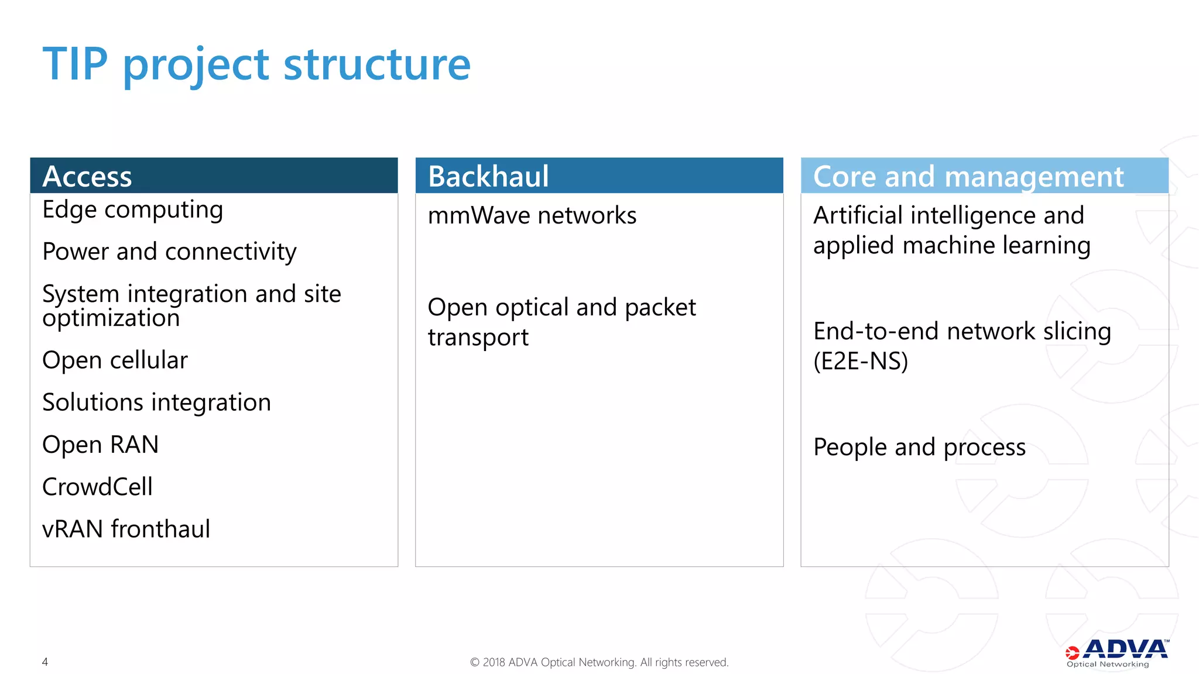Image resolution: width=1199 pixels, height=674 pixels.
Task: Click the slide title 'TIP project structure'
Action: click(x=256, y=64)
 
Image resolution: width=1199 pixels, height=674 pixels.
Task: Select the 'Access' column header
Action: click(x=88, y=176)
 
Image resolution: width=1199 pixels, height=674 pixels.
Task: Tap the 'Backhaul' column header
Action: click(x=488, y=176)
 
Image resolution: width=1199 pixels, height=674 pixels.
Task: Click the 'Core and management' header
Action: click(x=968, y=176)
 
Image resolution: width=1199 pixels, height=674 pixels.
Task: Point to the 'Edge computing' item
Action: click(x=133, y=210)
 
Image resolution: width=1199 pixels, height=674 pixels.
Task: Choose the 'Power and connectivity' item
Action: click(x=169, y=252)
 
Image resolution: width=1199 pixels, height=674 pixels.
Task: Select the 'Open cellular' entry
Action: click(x=115, y=360)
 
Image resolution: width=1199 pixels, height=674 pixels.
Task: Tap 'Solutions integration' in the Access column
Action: click(x=156, y=403)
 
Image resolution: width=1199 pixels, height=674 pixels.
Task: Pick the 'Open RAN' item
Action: click(x=101, y=445)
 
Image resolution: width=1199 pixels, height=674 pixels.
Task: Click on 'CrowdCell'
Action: click(x=98, y=487)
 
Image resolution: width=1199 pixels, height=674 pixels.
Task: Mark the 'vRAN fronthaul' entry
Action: click(x=126, y=529)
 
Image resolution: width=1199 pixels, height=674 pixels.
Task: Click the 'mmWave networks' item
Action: click(x=532, y=216)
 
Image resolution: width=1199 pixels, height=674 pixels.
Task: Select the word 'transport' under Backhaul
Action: click(x=478, y=338)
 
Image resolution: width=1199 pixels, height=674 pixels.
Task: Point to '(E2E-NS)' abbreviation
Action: click(x=860, y=362)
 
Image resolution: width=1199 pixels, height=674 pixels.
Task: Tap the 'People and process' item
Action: click(x=919, y=448)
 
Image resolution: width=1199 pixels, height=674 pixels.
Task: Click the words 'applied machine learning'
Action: click(x=951, y=246)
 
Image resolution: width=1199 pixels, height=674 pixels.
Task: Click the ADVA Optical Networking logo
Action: click(x=1116, y=653)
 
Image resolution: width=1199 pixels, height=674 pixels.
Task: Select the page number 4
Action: click(x=45, y=662)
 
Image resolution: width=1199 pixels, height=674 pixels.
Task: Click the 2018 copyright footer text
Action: click(x=599, y=662)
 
